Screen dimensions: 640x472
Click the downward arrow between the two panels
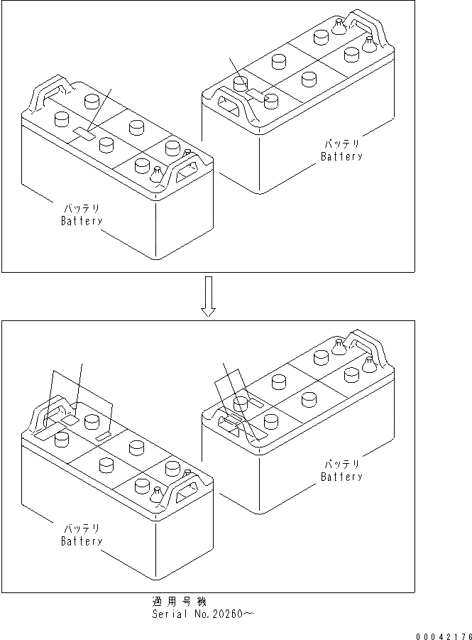coord(207,296)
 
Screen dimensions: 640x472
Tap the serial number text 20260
coord(223,613)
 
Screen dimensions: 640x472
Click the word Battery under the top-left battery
coord(82,221)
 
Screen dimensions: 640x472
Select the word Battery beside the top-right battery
coord(341,156)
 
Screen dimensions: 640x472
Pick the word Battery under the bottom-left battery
coord(82,541)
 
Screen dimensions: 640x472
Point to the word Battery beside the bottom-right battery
coord(341,477)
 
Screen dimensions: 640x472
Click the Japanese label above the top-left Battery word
coord(82,209)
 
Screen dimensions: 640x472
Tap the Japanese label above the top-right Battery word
coord(341,144)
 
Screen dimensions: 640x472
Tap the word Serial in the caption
coord(168,613)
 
